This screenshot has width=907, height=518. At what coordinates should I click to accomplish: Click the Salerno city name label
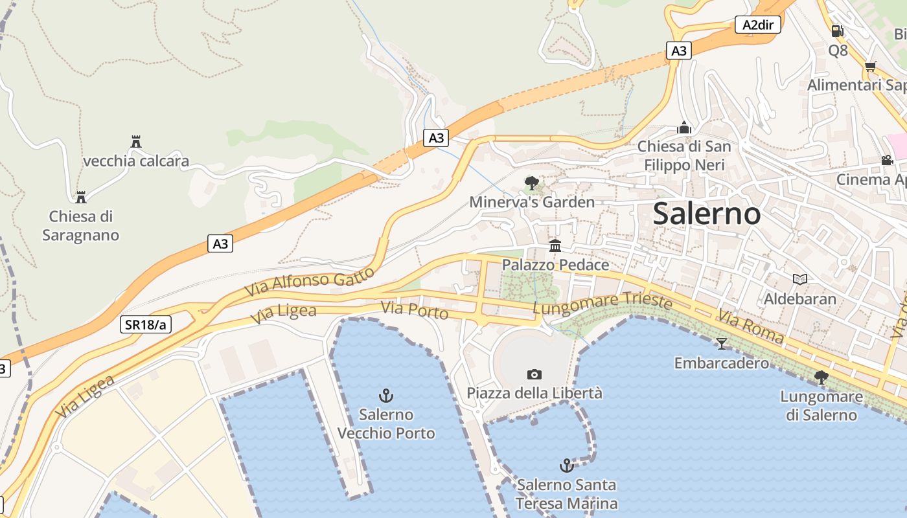(x=706, y=214)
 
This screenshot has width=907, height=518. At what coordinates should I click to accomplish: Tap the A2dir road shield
(x=757, y=25)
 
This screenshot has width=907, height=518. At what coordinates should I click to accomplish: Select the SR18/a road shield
(x=146, y=324)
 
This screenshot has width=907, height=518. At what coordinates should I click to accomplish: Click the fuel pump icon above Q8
(x=837, y=30)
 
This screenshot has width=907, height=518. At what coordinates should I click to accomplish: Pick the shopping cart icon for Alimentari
(x=870, y=65)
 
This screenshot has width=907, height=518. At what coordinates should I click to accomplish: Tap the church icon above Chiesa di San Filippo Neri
(x=684, y=128)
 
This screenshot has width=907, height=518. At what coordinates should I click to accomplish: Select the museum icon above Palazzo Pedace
(x=555, y=246)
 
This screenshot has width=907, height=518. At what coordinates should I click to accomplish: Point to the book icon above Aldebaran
(x=800, y=280)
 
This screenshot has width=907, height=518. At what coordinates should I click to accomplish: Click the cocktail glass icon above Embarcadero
(x=722, y=343)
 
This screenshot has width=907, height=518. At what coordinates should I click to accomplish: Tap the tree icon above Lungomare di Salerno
(x=821, y=377)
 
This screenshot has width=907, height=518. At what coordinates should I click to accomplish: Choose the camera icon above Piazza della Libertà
(x=534, y=374)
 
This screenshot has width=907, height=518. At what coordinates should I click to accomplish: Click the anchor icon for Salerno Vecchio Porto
(x=386, y=395)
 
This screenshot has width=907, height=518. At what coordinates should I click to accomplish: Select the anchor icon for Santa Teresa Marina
(x=567, y=465)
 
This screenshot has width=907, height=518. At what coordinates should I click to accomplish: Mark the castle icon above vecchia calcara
(x=136, y=142)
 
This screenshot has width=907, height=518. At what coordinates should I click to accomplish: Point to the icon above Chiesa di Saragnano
(x=81, y=197)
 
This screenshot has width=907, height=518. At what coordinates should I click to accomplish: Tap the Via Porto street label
(x=415, y=311)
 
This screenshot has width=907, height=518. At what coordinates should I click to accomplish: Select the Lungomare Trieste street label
(x=602, y=303)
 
